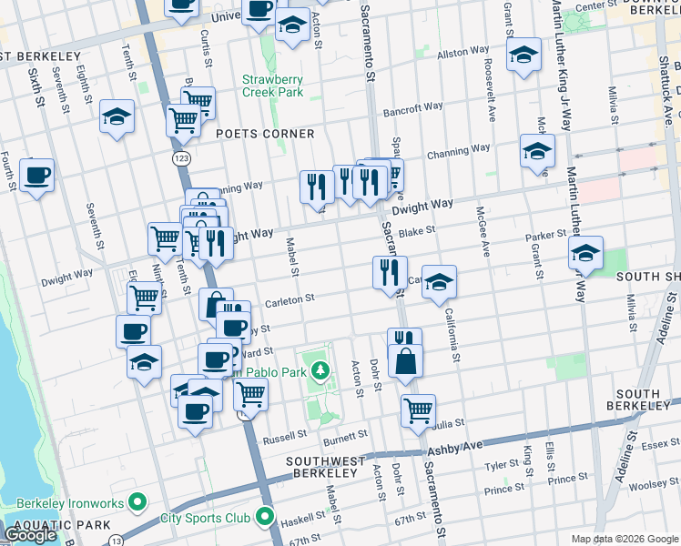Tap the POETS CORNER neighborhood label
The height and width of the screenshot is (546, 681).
click(x=266, y=134)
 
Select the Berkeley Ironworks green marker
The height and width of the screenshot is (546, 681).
click(x=137, y=500)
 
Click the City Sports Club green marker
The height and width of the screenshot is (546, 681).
click(x=266, y=518)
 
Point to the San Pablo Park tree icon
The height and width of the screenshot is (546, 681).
click(x=320, y=370)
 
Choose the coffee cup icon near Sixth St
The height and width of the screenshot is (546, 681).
click(x=37, y=175)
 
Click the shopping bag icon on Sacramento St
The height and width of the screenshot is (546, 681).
click(x=405, y=361)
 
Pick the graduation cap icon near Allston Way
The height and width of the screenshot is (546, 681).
click(x=525, y=56)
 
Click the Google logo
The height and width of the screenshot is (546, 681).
click(x=30, y=535)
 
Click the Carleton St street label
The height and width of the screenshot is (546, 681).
click(x=290, y=298)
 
